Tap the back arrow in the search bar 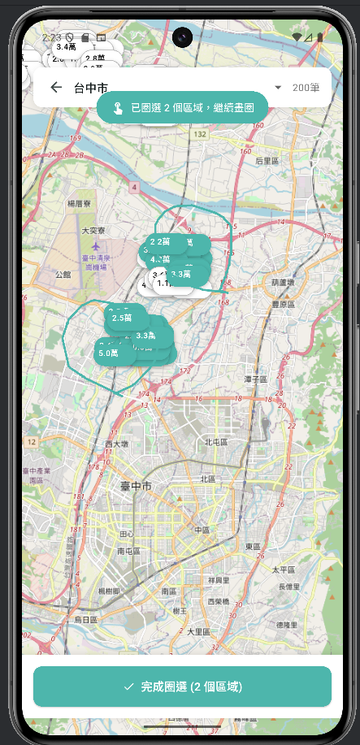pos(56,88)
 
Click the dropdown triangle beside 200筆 pos(278,88)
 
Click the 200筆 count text pos(306,88)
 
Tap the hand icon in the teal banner pos(118,107)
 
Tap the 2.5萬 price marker pos(122,318)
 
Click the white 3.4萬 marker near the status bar pos(67,47)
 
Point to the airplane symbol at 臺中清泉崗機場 pos(96,245)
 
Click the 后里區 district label pos(267,162)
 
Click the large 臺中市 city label pos(130,486)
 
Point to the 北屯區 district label pos(216,442)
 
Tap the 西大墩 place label pos(117,444)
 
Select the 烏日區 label pos(85,619)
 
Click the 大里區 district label pos(199,631)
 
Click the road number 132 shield pos(200,133)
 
